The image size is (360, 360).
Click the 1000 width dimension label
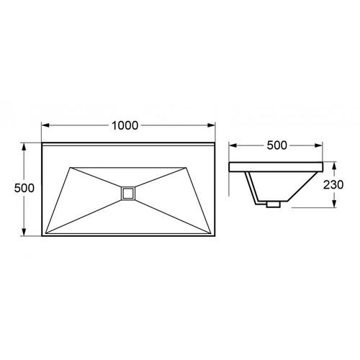coord(125,125)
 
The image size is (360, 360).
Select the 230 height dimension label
coord(333,184)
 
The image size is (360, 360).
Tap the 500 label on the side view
coord(276,145)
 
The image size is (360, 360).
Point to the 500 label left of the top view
coord(24,188)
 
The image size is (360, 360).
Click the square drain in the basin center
coord(128,193)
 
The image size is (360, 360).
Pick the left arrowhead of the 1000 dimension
coord(45,125)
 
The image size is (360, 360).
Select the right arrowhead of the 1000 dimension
coord(211,125)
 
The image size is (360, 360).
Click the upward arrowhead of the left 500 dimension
coord(24,147)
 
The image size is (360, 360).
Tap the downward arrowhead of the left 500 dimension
coord(24,232)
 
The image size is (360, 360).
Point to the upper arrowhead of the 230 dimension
coord(333,166)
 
